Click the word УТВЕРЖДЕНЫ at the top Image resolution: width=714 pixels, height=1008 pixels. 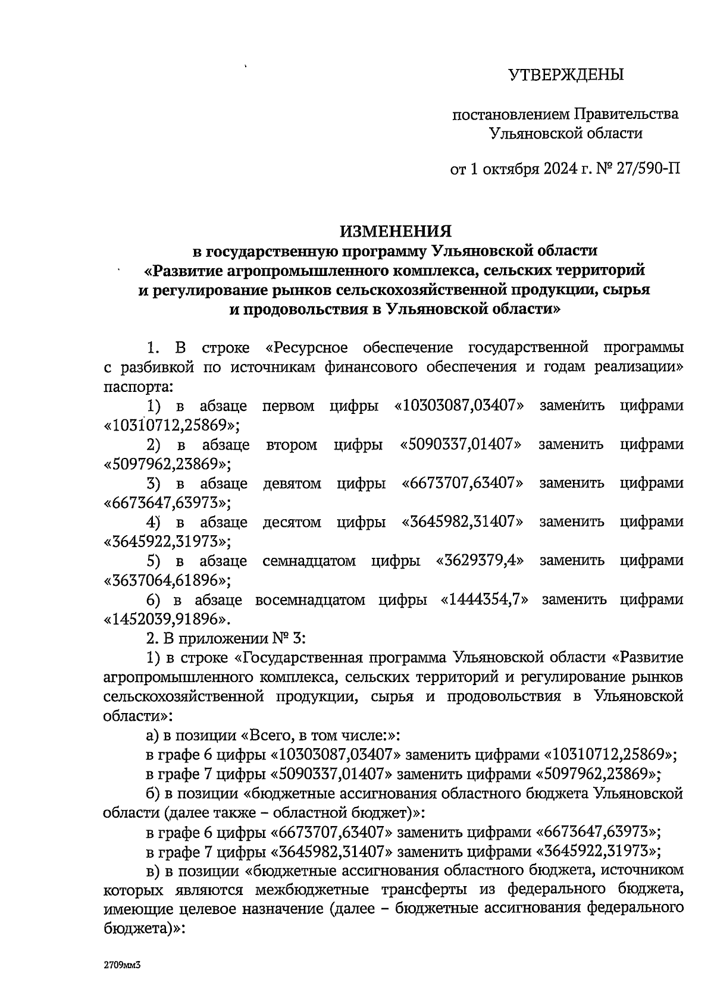pyautogui.click(x=566, y=75)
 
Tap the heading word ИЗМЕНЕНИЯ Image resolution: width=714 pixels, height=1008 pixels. pyautogui.click(x=396, y=231)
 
